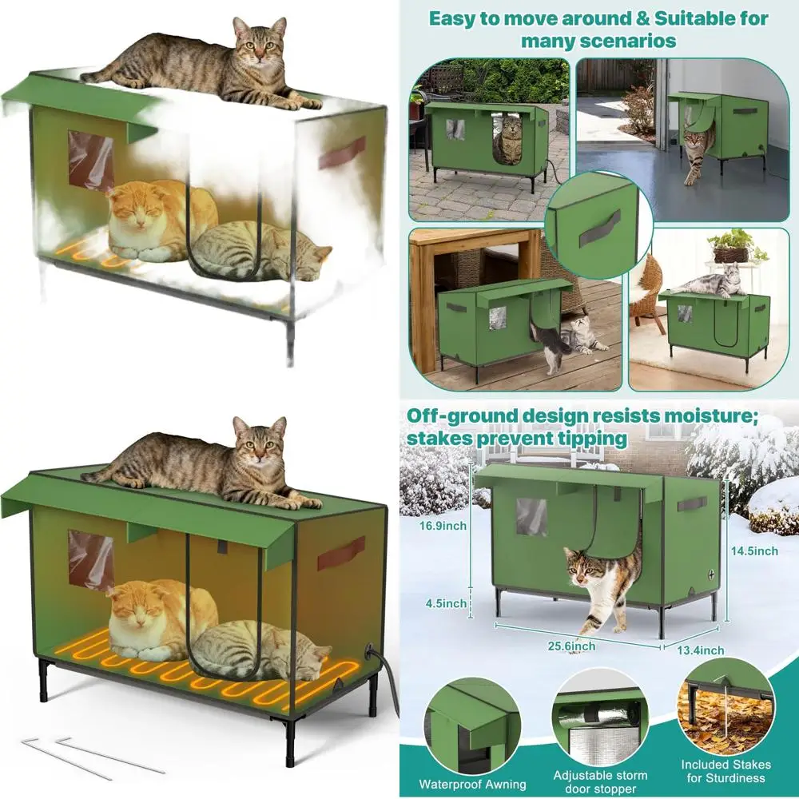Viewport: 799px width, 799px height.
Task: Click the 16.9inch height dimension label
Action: coord(443,526)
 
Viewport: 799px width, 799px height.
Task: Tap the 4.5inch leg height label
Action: coord(446,603)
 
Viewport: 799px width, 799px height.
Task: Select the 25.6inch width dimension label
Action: coord(571,646)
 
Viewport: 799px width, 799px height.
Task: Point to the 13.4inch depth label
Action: coord(700,650)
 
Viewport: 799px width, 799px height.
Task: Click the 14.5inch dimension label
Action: coord(754,551)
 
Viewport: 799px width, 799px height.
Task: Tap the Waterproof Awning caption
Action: coord(472,784)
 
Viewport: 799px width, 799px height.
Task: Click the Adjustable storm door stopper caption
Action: coord(600,782)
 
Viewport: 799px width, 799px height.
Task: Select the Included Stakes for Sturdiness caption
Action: coord(725,771)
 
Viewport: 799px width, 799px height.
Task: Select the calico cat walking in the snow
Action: coord(602,586)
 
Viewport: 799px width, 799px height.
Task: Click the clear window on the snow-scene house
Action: coord(531,517)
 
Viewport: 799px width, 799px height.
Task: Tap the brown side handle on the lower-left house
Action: coord(341,553)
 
